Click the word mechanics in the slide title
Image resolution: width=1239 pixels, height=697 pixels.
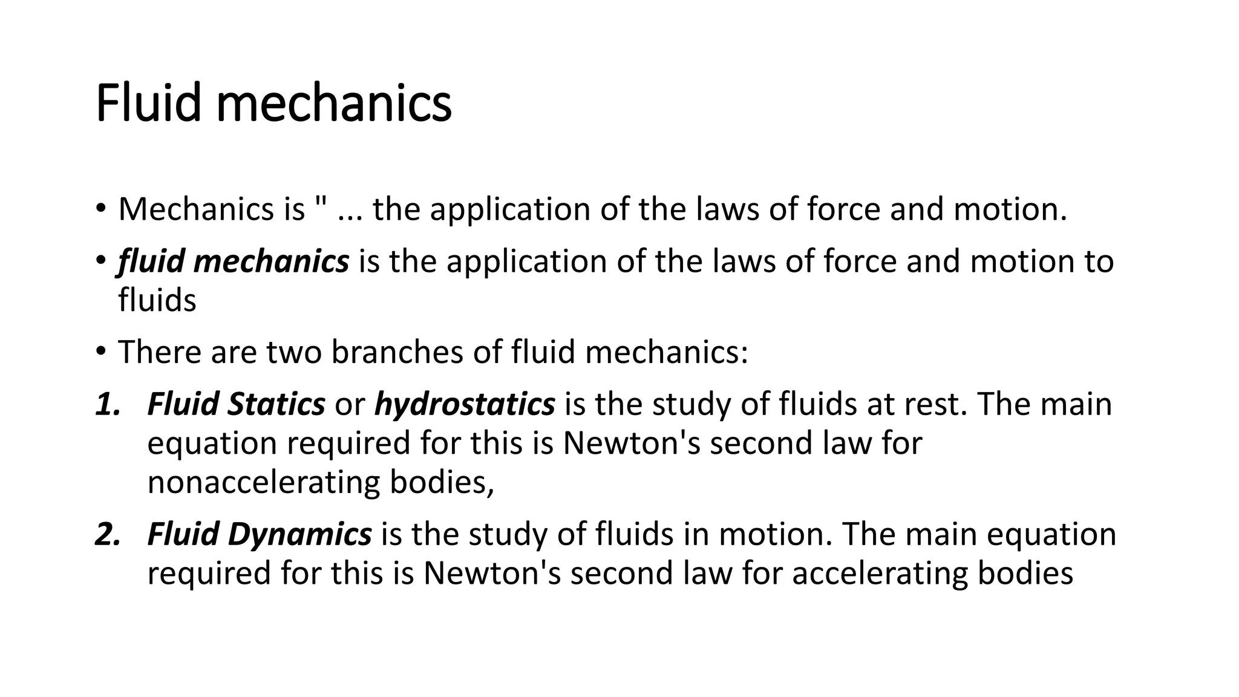pyautogui.click(x=333, y=103)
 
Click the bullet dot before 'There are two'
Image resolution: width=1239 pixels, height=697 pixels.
pyautogui.click(x=100, y=351)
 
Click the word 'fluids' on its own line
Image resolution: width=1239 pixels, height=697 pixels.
pyautogui.click(x=157, y=299)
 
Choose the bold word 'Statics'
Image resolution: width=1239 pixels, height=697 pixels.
pyautogui.click(x=276, y=404)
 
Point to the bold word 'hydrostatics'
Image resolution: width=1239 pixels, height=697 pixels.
pyautogui.click(x=465, y=404)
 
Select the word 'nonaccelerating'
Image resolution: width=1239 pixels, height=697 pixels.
pyautogui.click(x=263, y=482)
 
